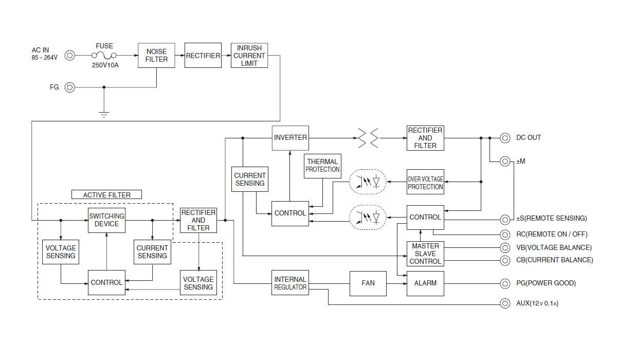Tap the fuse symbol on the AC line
click(104, 56)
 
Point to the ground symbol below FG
click(104, 115)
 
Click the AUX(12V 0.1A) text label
click(537, 303)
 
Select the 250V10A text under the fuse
click(105, 65)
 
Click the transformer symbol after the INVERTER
click(368, 138)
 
